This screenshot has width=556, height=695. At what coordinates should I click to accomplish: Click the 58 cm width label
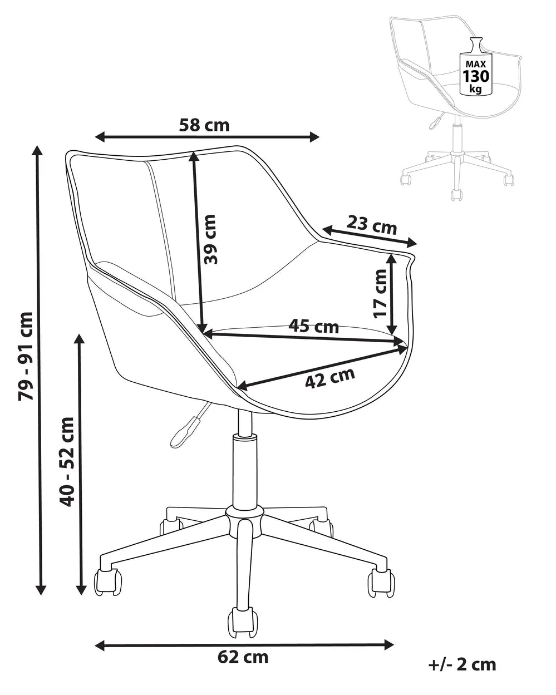(x=204, y=125)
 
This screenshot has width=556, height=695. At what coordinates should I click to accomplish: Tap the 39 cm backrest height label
(x=210, y=239)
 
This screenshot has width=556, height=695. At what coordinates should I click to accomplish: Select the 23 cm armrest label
(x=372, y=225)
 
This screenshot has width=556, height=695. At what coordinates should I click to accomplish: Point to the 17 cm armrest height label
(x=380, y=294)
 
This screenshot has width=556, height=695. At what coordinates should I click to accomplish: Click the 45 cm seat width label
(x=313, y=326)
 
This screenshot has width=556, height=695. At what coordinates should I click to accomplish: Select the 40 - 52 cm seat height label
(x=67, y=462)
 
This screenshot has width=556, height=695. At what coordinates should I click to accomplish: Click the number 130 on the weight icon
(x=476, y=77)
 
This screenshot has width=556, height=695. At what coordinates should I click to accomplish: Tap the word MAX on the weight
(x=475, y=64)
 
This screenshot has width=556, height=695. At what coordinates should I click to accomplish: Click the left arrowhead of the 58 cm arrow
(x=100, y=137)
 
